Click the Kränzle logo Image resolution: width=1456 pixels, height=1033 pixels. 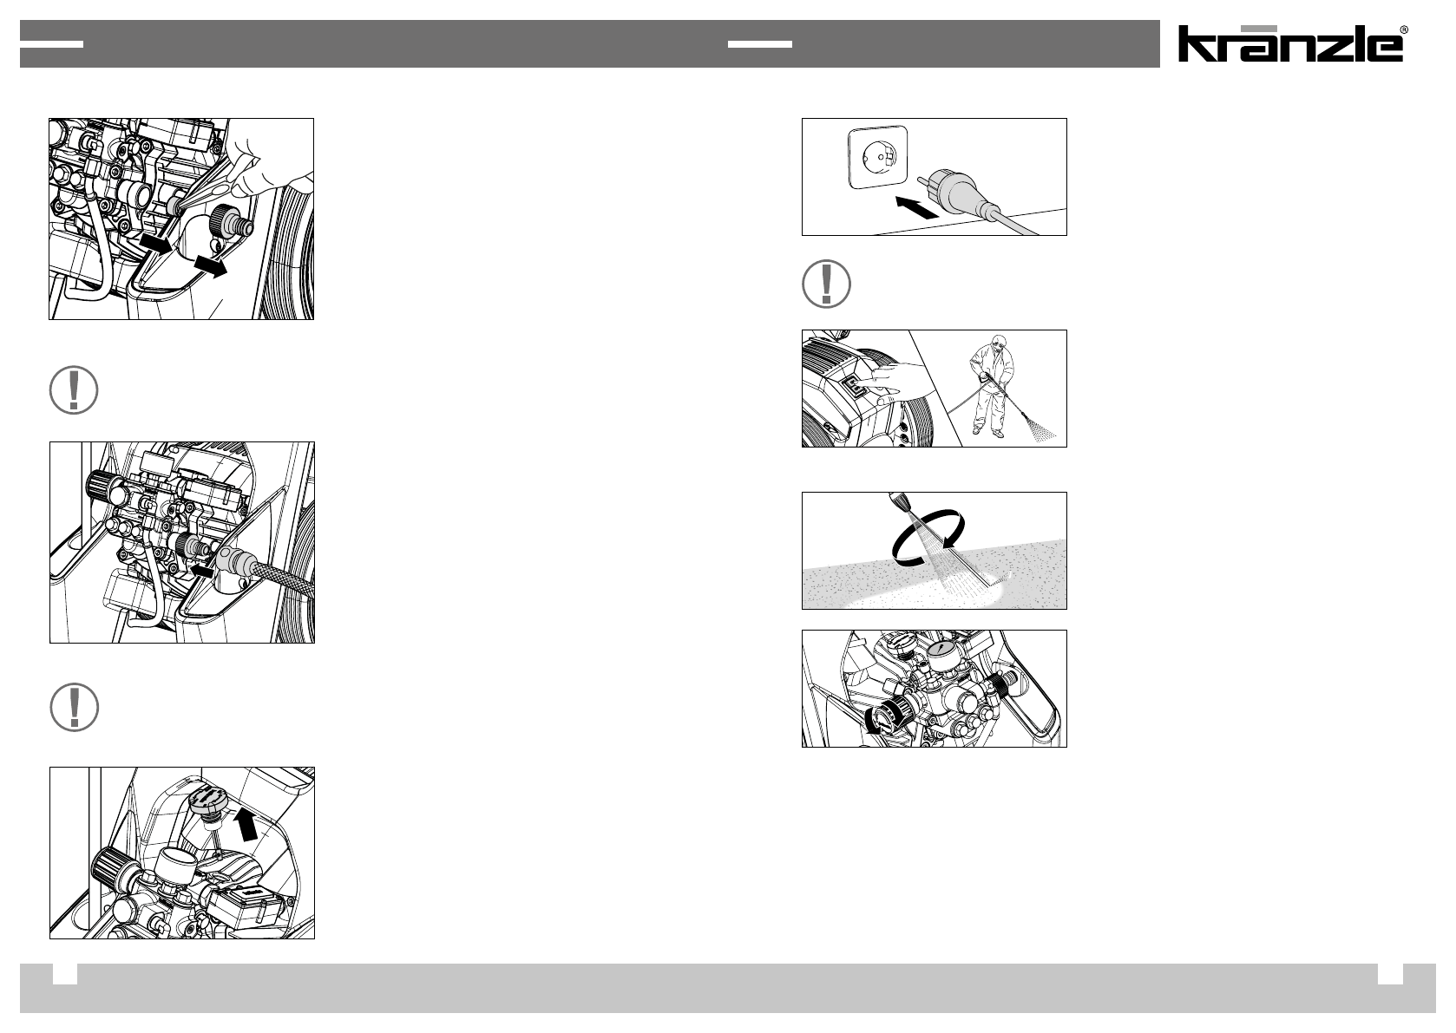[x=1289, y=43]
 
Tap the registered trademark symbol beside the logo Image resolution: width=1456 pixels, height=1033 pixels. [x=1404, y=29]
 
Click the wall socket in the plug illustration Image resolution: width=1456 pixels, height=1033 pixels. [x=877, y=157]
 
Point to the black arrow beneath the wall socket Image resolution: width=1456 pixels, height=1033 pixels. [x=916, y=207]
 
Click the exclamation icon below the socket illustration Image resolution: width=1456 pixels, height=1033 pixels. [x=826, y=284]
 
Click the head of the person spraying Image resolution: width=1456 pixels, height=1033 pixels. [x=1000, y=343]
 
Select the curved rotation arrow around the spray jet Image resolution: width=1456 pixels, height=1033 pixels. [x=928, y=535]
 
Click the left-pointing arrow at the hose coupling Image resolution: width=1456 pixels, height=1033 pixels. [x=203, y=571]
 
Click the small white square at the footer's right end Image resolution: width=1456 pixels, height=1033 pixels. [x=1390, y=974]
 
